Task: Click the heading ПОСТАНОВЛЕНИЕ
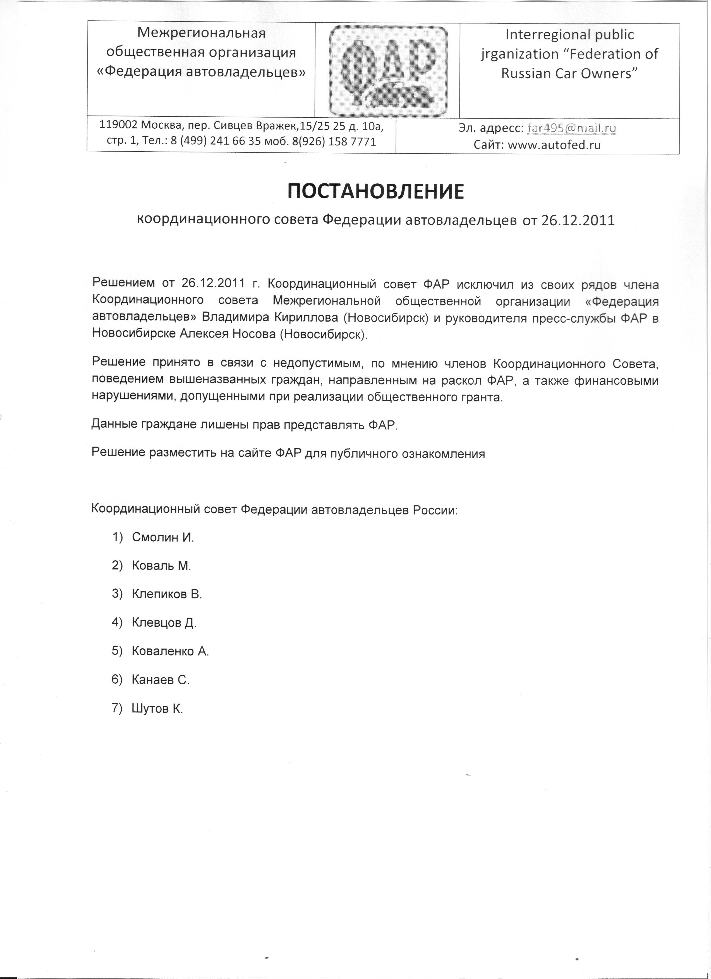[x=375, y=192]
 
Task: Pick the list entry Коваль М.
[x=161, y=566]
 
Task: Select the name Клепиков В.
[x=167, y=594]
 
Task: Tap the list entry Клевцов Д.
[x=164, y=623]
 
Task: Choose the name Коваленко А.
[x=170, y=651]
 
